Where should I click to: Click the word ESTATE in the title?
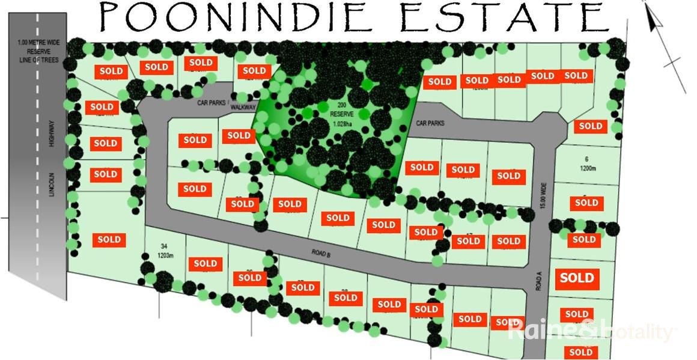click(505, 17)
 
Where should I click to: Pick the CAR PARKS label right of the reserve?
click(430, 123)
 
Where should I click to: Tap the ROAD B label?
click(321, 254)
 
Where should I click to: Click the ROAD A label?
click(539, 281)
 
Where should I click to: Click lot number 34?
click(163, 246)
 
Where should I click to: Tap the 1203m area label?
click(165, 255)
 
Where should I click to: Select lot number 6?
click(585, 159)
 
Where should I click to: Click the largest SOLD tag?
click(577, 278)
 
